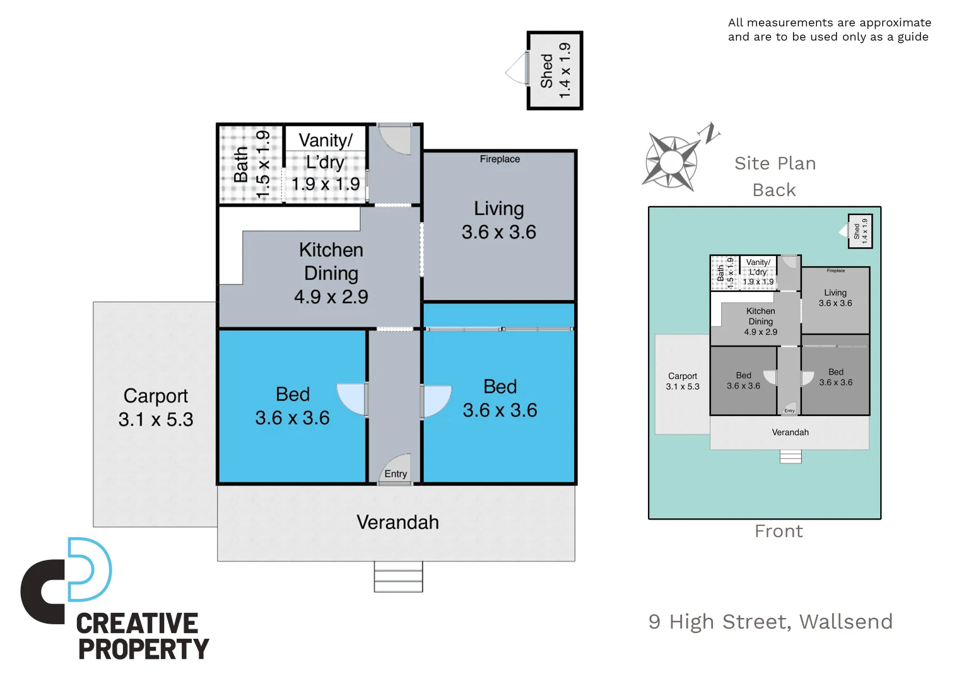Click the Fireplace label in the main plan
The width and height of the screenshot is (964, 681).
click(500, 159)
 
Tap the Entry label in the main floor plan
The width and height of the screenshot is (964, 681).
click(396, 474)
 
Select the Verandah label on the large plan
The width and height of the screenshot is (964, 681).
click(397, 522)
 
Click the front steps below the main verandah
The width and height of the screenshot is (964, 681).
click(398, 577)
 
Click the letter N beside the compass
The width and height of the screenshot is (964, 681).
click(710, 133)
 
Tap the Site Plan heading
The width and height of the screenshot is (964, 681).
click(775, 163)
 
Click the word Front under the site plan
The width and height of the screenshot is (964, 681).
click(779, 532)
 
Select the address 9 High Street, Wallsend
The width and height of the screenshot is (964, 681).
click(770, 622)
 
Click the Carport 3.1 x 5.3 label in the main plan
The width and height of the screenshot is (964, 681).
click(156, 407)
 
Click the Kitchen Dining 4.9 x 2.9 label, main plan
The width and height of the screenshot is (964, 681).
click(331, 273)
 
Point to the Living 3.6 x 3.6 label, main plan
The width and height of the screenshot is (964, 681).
click(499, 220)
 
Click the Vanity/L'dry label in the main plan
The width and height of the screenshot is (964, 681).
click(326, 162)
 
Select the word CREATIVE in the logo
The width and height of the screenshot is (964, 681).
click(137, 624)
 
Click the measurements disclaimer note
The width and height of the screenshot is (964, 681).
click(829, 30)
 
